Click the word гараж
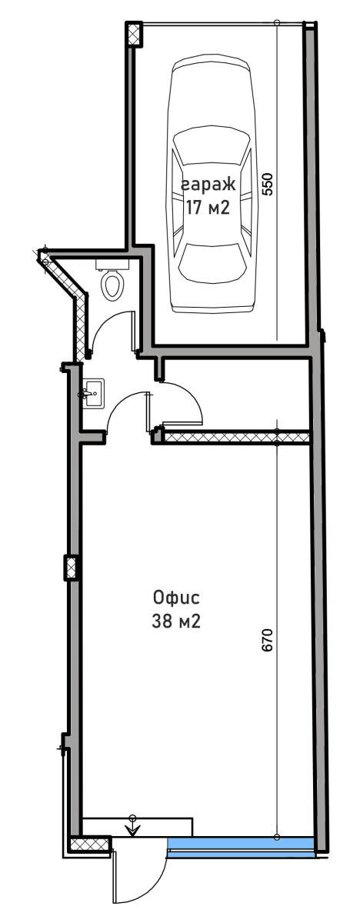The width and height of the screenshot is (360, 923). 208,184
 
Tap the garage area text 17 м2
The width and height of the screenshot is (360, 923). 207,207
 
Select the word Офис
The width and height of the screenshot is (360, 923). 176,597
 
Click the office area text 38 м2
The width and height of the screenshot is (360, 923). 176,621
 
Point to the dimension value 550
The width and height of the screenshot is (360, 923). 268,184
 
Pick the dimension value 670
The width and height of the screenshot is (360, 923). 268,639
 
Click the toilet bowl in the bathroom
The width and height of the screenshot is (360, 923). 113,285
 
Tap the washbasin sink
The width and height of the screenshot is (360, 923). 93,394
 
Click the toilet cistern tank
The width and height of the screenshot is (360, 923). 112,264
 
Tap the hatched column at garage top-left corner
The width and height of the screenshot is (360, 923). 133,33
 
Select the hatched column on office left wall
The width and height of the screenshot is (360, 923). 71,568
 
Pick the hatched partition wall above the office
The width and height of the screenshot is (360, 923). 236,437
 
